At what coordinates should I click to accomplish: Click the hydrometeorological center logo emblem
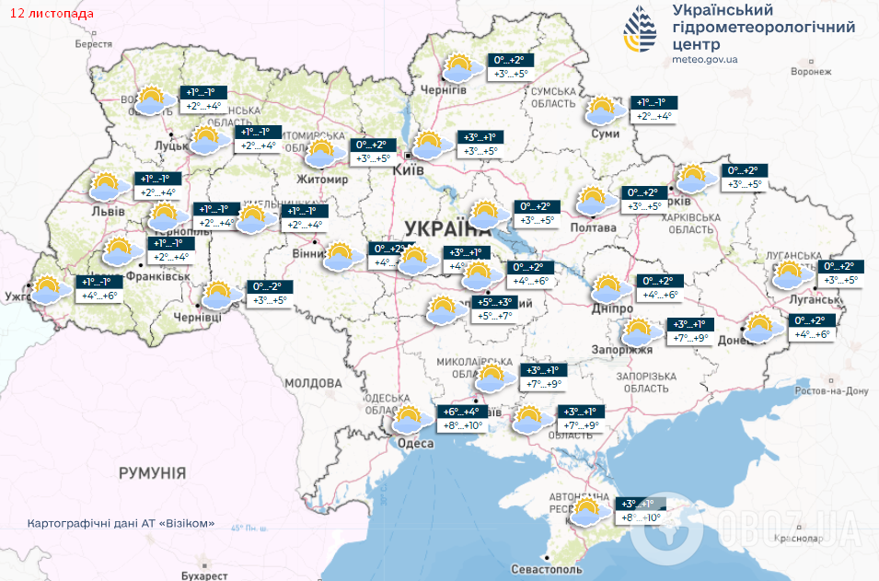(x=642, y=31)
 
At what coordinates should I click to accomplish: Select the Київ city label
(x=408, y=170)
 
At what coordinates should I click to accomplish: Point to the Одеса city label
(x=415, y=444)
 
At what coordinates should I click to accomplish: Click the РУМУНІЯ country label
(x=153, y=472)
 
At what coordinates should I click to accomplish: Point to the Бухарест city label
(x=204, y=575)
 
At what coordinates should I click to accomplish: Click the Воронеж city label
(x=811, y=71)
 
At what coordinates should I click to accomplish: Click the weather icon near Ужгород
(x=51, y=290)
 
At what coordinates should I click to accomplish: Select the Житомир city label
(x=322, y=180)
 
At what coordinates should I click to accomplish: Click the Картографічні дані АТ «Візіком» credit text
(x=121, y=523)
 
